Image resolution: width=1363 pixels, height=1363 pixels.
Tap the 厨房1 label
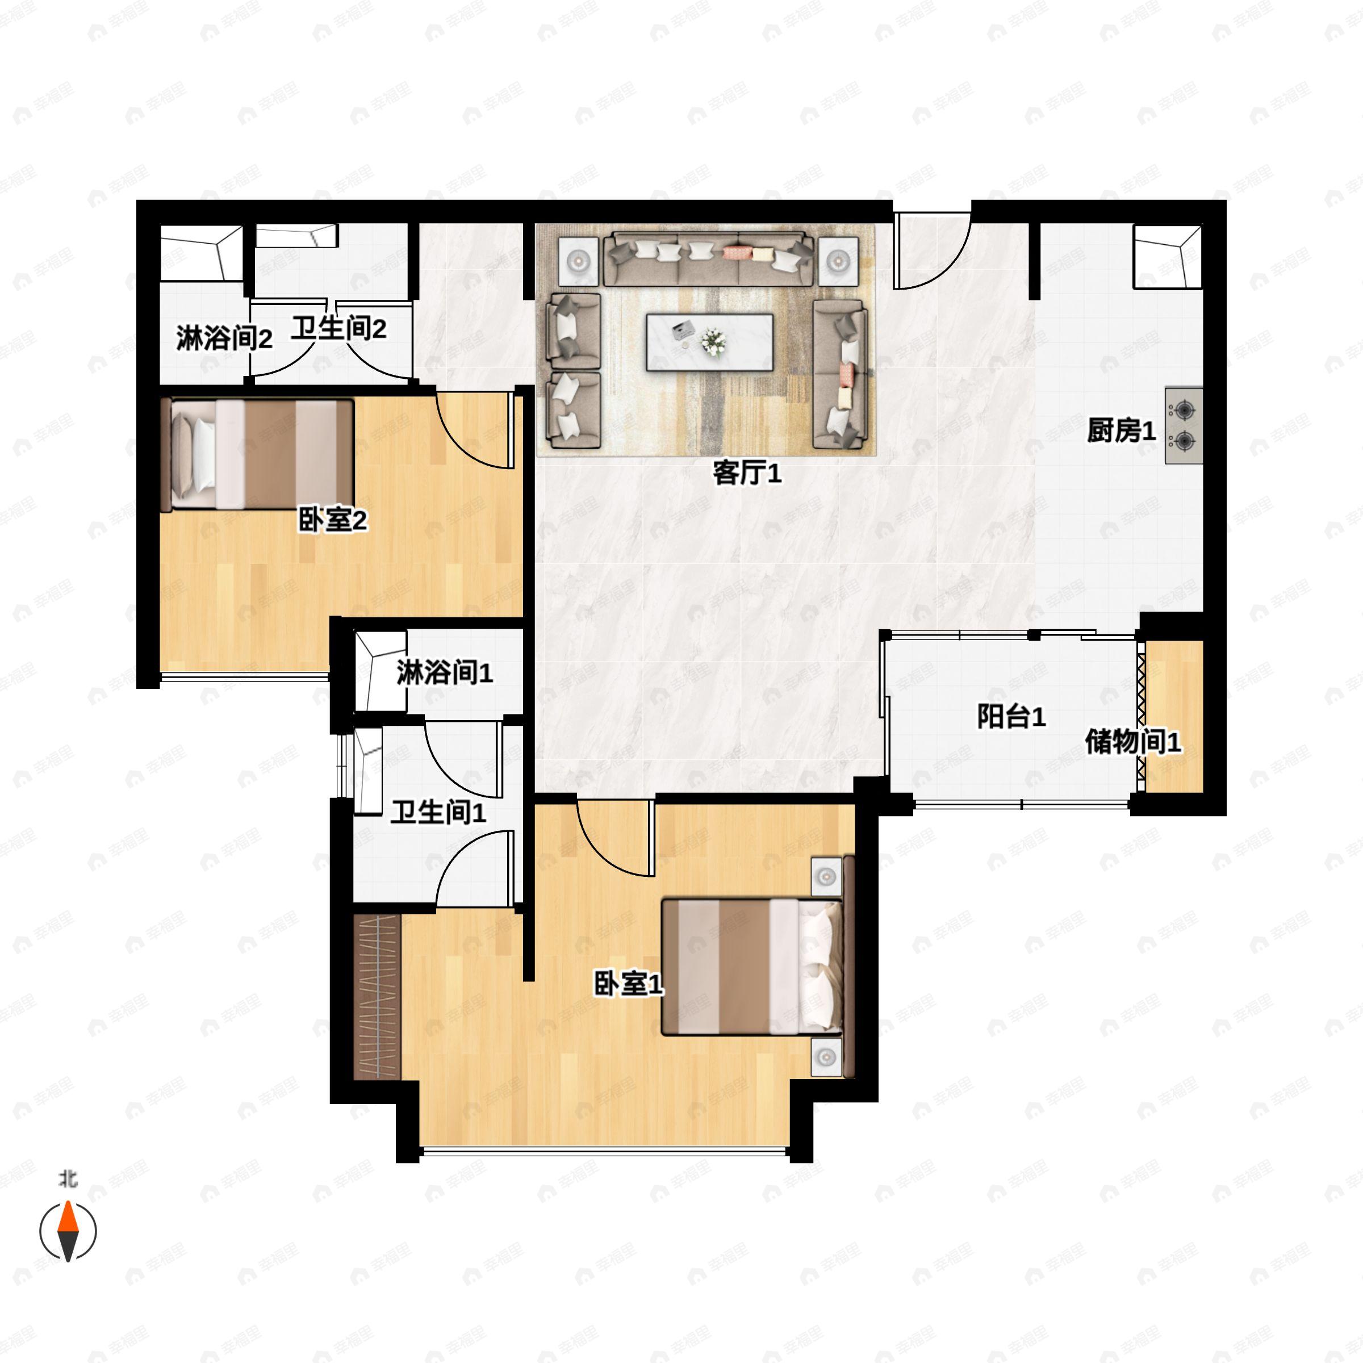(x=1121, y=431)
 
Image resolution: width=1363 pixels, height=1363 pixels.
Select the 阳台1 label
(x=1011, y=717)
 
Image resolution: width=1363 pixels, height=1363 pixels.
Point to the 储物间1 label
(x=1133, y=742)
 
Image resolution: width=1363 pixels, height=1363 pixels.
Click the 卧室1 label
(x=629, y=984)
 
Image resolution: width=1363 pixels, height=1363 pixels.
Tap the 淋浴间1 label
(x=445, y=673)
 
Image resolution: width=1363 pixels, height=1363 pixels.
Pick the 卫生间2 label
(x=340, y=328)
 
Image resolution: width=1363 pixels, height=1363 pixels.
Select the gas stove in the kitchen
(x=1184, y=425)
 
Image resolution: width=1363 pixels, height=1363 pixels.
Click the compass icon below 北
(x=68, y=1232)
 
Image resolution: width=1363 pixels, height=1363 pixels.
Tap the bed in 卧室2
(x=257, y=455)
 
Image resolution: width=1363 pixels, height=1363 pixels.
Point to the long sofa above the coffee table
(x=706, y=258)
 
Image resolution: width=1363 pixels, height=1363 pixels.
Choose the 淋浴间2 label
(x=224, y=340)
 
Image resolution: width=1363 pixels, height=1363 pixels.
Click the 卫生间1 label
(x=439, y=813)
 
